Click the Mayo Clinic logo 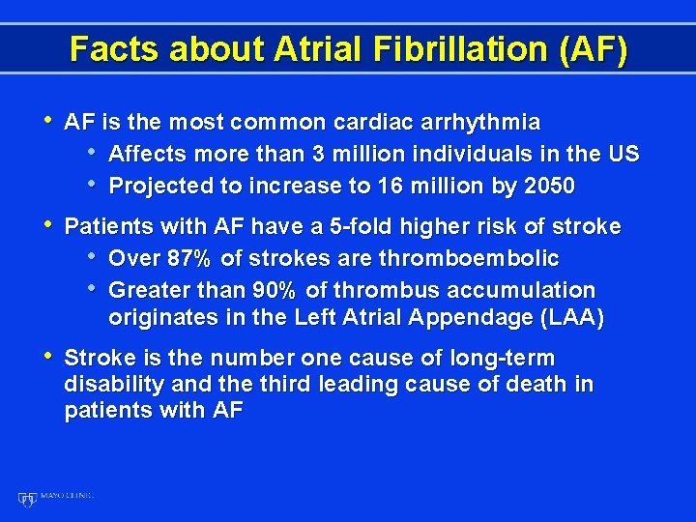coord(55,498)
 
